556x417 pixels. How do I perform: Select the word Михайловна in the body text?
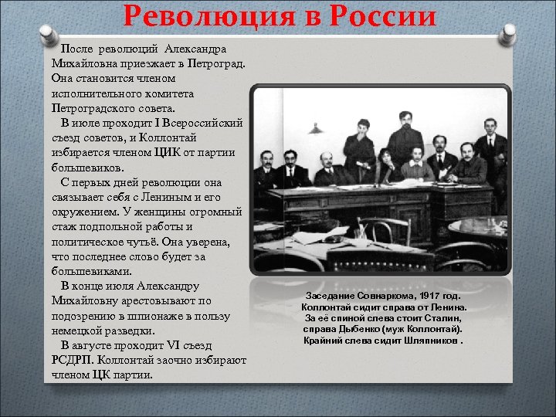tap(81, 63)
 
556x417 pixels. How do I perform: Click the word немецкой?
tap(78, 330)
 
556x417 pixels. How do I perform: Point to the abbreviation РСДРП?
tap(72, 360)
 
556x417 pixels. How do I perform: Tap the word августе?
tap(99, 344)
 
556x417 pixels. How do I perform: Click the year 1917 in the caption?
tap(437, 296)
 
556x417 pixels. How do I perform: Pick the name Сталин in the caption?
tap(443, 317)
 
